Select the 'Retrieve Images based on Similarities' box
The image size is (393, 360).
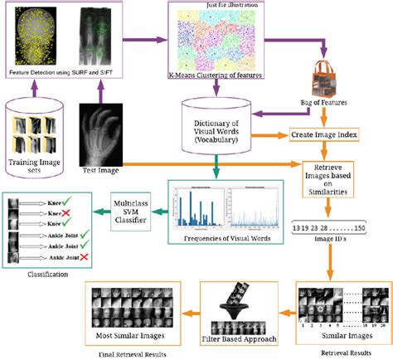point(339,178)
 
